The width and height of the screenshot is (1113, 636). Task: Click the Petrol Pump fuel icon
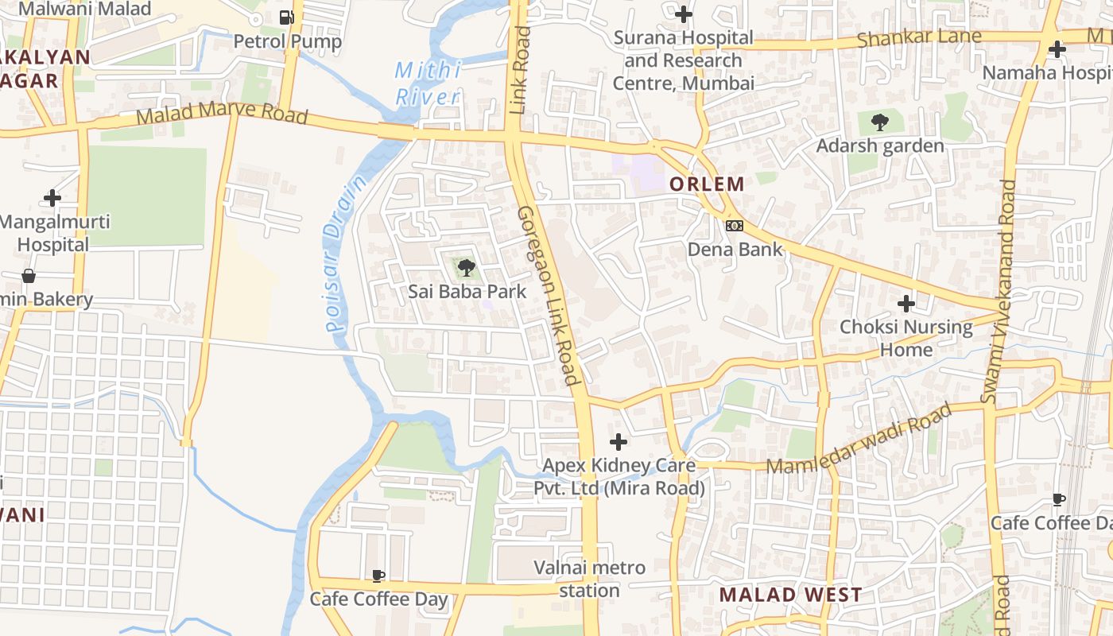287,17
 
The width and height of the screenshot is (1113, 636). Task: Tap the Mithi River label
428,83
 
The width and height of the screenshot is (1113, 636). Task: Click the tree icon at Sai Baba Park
467,267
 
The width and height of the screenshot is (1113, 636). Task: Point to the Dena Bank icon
735,226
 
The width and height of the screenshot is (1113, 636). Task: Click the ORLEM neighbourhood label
707,184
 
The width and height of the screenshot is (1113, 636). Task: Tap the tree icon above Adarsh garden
879,122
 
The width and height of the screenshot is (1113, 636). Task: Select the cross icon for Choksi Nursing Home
906,304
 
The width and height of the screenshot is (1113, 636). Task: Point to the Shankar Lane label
919,37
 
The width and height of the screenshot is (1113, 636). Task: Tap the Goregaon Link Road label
548,296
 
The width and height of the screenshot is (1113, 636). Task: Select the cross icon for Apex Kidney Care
618,442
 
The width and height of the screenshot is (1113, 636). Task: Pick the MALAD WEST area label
790,595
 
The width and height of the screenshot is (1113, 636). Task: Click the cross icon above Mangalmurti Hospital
52,198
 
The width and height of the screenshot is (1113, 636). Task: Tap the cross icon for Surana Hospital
683,14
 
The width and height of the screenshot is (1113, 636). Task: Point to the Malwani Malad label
84,10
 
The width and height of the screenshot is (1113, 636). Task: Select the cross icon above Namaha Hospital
1057,49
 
